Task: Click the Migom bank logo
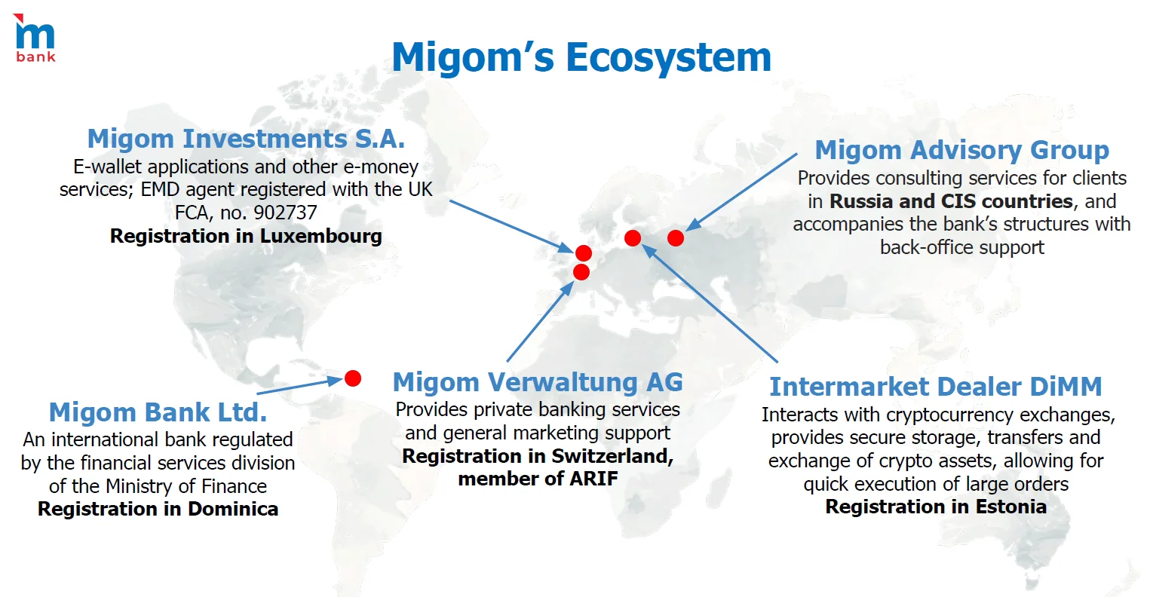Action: [35, 38]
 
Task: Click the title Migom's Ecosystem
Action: [581, 57]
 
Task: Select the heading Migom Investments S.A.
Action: [246, 139]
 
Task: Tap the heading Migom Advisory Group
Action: [961, 151]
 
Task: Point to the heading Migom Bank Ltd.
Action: [158, 412]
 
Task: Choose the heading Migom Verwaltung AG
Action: [538, 382]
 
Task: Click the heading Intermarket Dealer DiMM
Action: [935, 387]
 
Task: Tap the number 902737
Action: [285, 213]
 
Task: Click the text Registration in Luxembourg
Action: [246, 236]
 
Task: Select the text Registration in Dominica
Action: [158, 509]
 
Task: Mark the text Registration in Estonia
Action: [936, 507]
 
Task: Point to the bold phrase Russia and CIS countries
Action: [951, 201]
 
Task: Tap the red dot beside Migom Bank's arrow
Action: [353, 378]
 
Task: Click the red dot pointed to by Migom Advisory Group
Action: [676, 238]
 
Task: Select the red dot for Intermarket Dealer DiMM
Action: [633, 238]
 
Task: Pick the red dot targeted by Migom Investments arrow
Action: [584, 253]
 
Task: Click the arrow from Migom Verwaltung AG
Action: [540, 321]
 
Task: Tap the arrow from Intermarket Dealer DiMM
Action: [710, 303]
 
